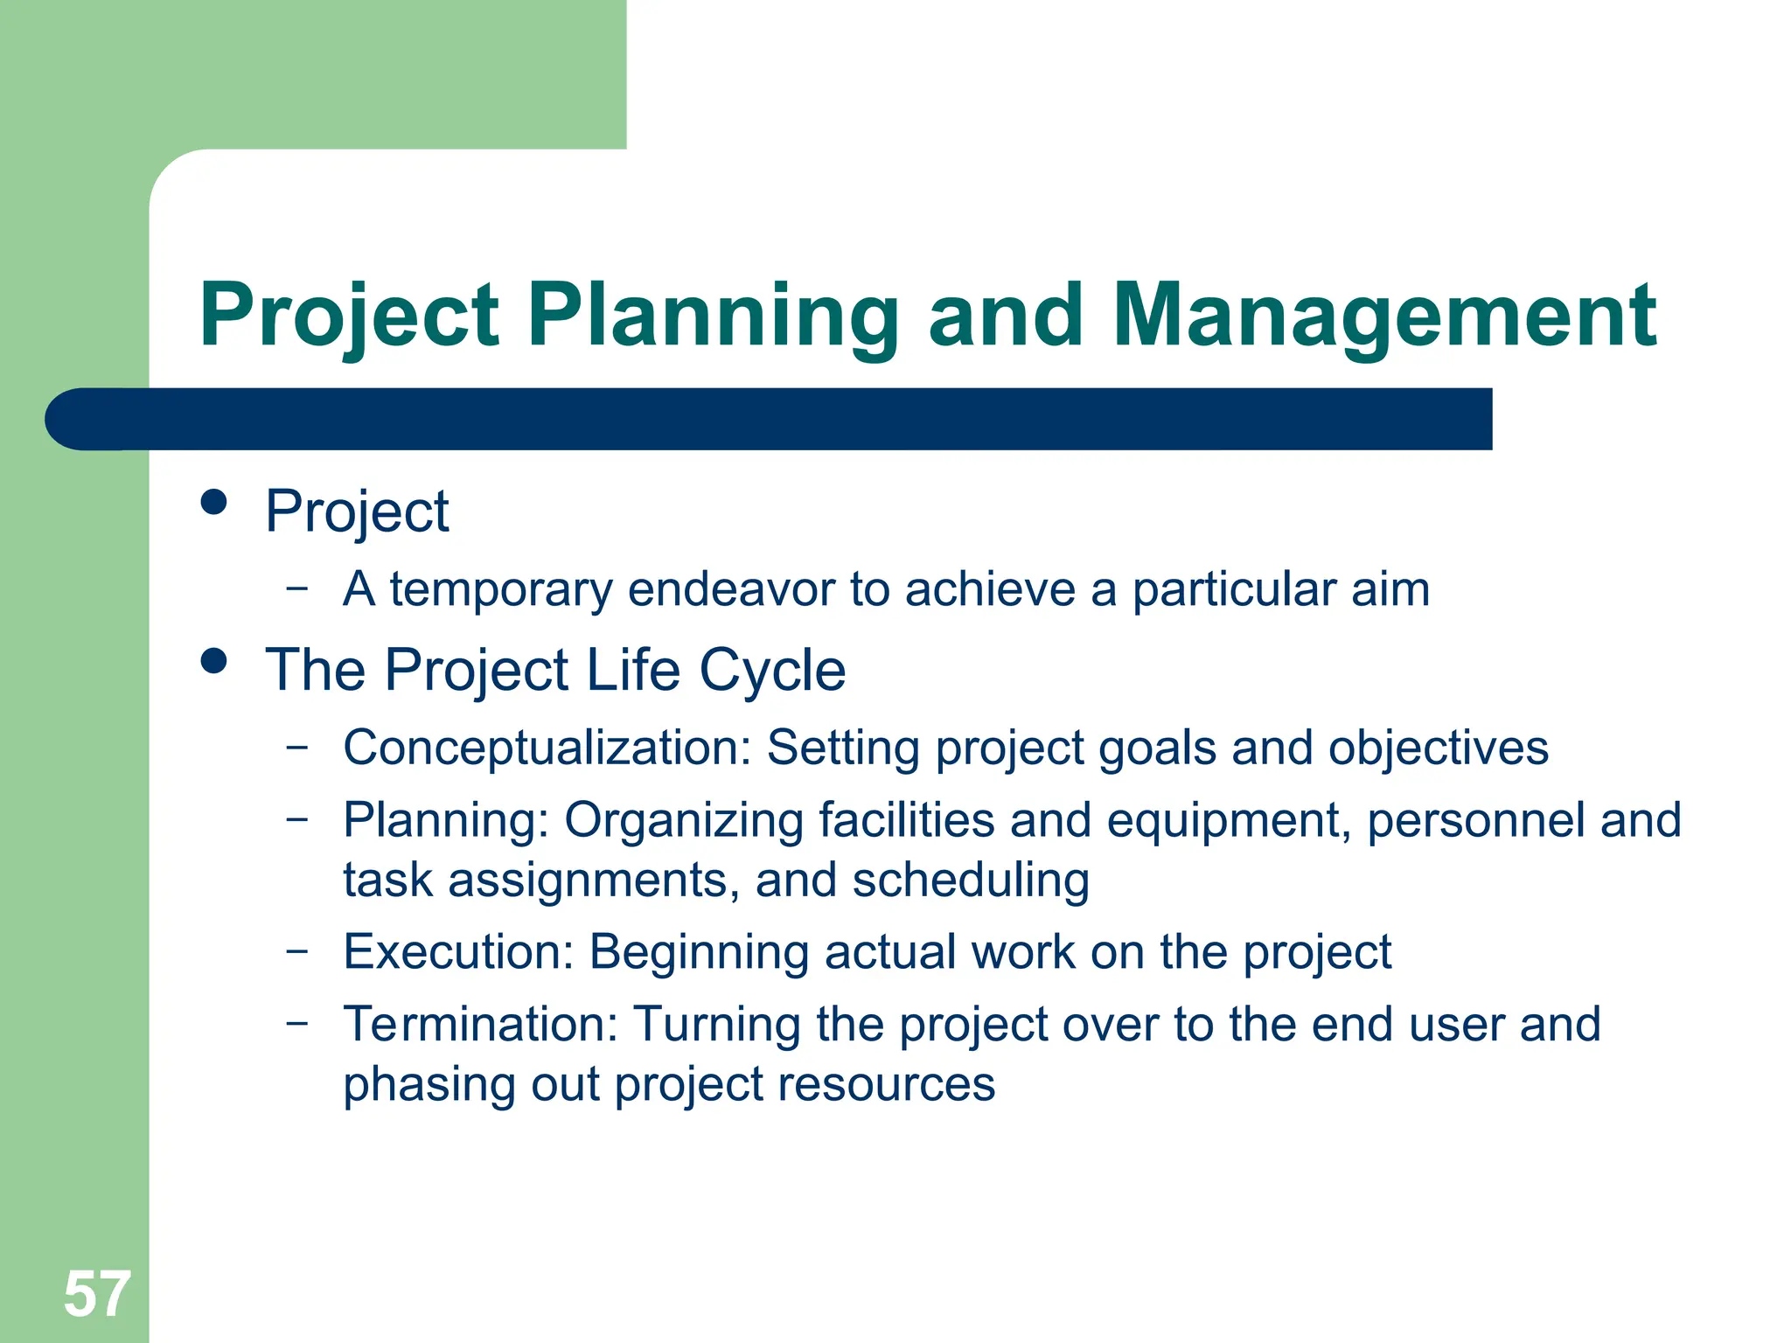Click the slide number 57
[96, 1295]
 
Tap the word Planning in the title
[713, 317]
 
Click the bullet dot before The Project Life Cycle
[213, 661]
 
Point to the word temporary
[501, 590]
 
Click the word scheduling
[971, 880]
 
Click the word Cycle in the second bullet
[772, 671]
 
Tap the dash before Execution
[297, 950]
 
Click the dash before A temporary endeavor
[297, 587]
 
